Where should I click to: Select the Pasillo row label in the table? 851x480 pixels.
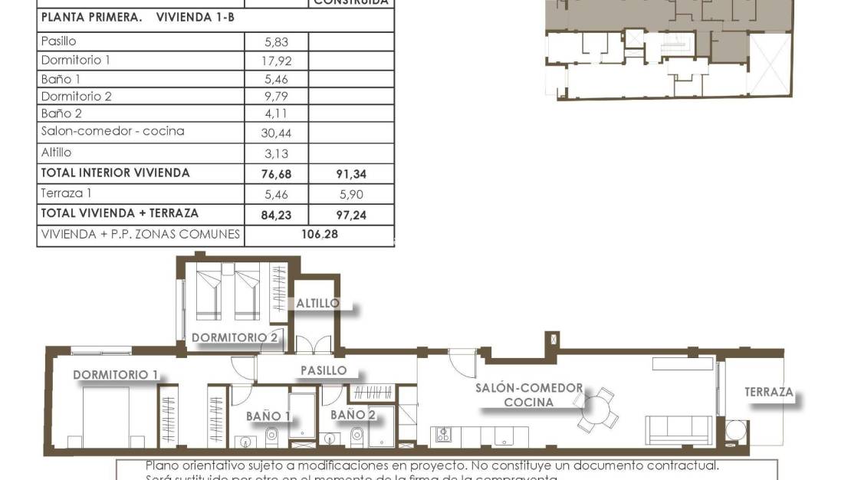(x=58, y=42)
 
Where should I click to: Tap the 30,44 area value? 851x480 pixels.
(x=276, y=133)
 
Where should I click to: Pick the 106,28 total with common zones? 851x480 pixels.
(x=319, y=234)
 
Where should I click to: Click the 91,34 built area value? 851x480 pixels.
(x=351, y=174)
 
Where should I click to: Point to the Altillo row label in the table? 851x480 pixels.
(x=56, y=153)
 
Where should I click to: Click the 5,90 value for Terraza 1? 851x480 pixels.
(x=351, y=196)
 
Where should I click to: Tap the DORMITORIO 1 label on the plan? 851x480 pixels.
(x=116, y=375)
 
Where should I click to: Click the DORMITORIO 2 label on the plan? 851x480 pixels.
(x=234, y=337)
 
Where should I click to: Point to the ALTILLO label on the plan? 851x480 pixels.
(x=317, y=303)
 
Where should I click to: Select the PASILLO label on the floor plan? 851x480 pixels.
(x=323, y=370)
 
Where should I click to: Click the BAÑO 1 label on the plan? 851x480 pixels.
(x=268, y=416)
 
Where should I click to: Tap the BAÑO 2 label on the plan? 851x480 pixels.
(x=353, y=414)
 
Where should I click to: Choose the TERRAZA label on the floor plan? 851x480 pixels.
(x=768, y=392)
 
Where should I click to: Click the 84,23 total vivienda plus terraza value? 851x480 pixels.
(x=276, y=216)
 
